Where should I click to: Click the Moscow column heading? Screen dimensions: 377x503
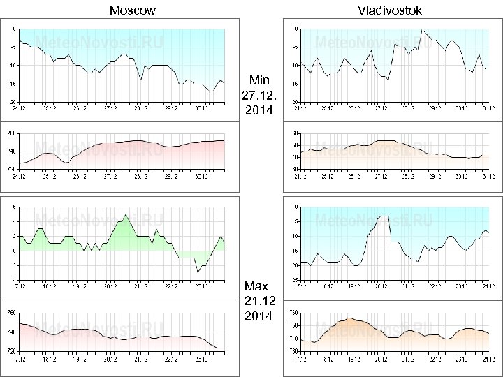pyautogui.click(x=133, y=10)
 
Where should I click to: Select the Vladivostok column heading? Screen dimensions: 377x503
pyautogui.click(x=389, y=10)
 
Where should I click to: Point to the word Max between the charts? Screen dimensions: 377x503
pyautogui.click(x=256, y=286)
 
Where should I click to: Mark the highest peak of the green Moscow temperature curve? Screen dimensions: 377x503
pyautogui.click(x=125, y=214)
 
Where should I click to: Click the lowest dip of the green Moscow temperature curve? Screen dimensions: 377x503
pyautogui.click(x=198, y=271)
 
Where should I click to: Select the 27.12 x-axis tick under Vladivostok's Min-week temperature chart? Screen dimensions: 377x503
pyautogui.click(x=381, y=109)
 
